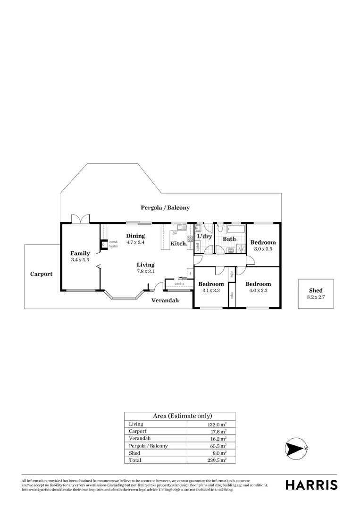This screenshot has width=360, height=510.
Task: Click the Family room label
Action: pos(80,253)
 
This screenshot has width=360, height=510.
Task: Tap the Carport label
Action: pos(42,274)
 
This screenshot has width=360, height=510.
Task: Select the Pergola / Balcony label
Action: pos(165,207)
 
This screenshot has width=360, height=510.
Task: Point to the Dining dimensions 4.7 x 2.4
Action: pos(135,242)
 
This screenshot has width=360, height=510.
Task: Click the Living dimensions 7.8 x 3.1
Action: pos(145,271)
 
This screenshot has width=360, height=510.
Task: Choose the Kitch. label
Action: pos(179,244)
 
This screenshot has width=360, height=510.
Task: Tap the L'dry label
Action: pos(204,236)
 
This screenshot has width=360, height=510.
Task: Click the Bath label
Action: pos(229,239)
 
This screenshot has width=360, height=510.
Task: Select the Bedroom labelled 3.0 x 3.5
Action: pos(263,242)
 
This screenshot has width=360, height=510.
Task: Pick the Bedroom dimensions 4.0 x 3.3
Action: pos(257,290)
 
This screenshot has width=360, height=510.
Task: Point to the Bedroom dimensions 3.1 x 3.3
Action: pos(210,290)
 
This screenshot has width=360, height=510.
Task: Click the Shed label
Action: pos(316,290)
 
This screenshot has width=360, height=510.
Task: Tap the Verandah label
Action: pos(165,300)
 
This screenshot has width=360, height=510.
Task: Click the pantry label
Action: pos(179,283)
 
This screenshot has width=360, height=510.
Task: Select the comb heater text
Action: pos(113,244)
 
